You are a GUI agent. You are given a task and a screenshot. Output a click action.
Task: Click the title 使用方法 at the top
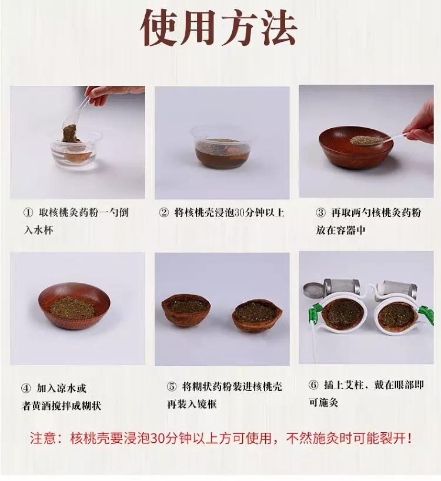coord(219,28)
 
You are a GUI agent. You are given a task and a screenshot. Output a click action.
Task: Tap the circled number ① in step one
coord(28,213)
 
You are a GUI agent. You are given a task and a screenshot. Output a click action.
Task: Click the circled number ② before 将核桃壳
coord(164,213)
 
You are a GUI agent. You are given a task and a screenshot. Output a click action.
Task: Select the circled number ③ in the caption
coord(320,213)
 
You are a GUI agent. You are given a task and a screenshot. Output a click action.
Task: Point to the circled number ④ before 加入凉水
coord(26,388)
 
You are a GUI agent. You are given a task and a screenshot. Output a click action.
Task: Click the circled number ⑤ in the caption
coord(172,386)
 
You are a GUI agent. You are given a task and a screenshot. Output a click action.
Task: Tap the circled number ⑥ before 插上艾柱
coord(313,385)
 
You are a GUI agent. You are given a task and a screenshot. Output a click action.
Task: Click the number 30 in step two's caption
coord(240,213)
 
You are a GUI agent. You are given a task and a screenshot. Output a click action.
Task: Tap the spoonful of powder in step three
coord(365,141)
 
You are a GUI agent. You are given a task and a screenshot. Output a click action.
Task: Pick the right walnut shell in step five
coord(257,314)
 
